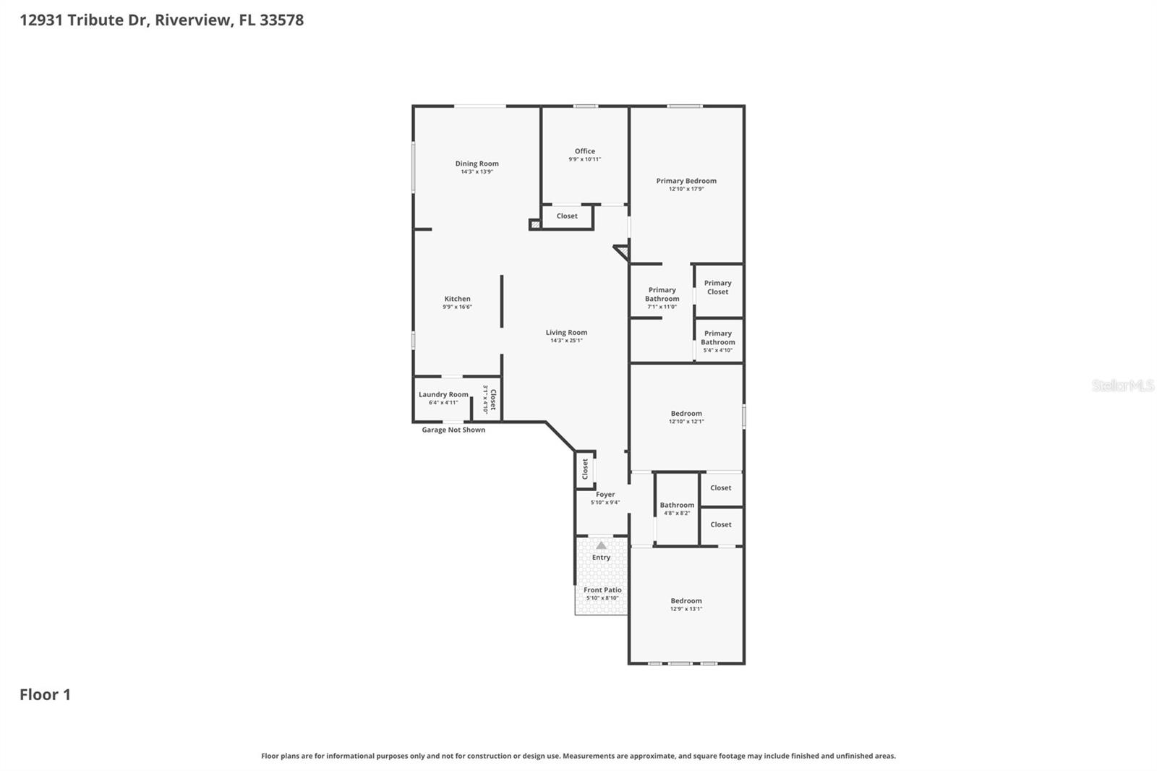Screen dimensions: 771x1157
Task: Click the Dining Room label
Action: (477, 163)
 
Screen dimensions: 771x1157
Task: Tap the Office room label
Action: (584, 151)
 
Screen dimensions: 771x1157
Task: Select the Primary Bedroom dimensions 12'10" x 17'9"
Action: (686, 189)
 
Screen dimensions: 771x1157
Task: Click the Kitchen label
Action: (457, 299)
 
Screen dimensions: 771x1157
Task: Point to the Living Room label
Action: (566, 333)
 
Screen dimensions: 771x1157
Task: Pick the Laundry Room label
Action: (443, 395)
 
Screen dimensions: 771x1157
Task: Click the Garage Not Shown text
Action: (453, 430)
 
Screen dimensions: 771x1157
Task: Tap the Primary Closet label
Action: (717, 287)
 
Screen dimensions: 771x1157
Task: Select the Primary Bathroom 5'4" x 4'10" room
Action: (717, 341)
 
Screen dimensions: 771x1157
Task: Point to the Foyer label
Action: (605, 495)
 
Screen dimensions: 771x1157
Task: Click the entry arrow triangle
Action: (601, 545)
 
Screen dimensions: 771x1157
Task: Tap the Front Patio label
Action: (602, 590)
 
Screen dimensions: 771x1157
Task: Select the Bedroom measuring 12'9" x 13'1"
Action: (686, 604)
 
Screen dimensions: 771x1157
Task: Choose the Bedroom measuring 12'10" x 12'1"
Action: (686, 417)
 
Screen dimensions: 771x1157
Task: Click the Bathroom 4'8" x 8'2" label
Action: (677, 508)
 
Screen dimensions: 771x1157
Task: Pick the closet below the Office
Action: (567, 216)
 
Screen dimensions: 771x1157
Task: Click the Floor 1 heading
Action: (45, 694)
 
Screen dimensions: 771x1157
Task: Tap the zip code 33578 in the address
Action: (281, 20)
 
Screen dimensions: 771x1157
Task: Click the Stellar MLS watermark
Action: (1122, 385)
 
